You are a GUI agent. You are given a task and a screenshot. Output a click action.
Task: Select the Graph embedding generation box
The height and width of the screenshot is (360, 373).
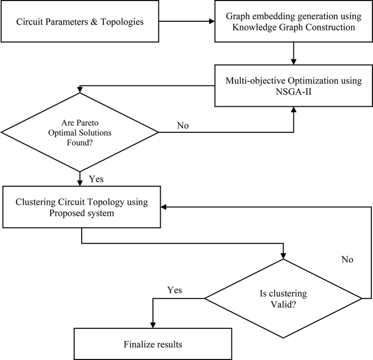(293, 22)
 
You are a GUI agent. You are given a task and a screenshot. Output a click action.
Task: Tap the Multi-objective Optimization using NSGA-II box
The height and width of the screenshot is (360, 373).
(293, 86)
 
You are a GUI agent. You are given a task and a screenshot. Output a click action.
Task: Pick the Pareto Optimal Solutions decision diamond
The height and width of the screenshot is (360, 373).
(81, 132)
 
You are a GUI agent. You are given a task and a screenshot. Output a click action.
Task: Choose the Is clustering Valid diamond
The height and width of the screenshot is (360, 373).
(283, 298)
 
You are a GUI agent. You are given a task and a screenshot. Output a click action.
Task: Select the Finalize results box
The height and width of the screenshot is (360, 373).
(153, 344)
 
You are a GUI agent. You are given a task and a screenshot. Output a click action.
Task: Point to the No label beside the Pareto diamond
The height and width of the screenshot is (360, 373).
(184, 126)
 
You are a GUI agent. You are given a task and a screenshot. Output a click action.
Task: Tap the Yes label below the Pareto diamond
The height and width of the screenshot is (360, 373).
(96, 178)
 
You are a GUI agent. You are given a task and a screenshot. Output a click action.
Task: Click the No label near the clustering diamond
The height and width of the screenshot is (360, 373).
(347, 260)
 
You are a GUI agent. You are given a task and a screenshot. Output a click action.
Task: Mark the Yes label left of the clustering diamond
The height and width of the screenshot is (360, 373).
(174, 290)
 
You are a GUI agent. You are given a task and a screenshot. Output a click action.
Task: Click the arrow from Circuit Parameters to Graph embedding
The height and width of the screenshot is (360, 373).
(188, 22)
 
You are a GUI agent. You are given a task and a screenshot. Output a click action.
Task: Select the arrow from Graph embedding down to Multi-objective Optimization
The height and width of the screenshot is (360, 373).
(294, 53)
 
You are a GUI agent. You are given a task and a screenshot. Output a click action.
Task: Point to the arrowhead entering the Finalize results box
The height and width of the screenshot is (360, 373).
(153, 325)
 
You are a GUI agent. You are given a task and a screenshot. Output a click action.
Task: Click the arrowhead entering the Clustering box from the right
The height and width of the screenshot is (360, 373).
(164, 207)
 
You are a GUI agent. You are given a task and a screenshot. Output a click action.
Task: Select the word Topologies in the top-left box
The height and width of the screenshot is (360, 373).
(127, 23)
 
